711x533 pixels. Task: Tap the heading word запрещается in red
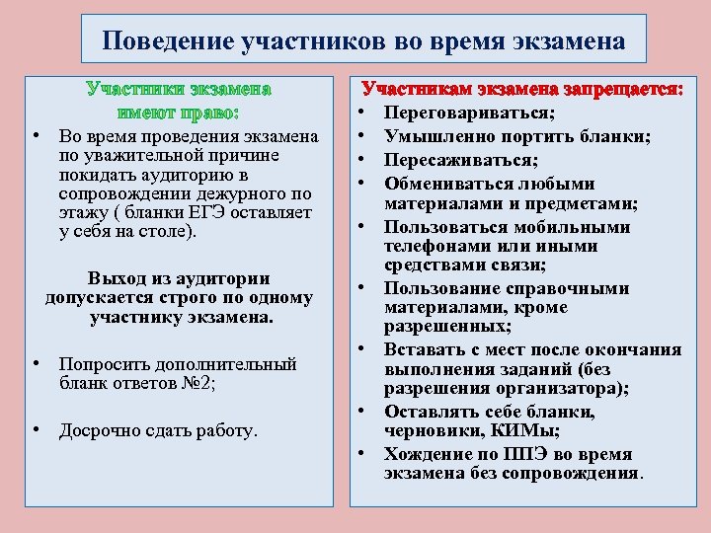point(622,89)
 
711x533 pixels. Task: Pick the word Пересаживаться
point(461,159)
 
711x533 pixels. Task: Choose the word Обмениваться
point(442,183)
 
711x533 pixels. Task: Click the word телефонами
point(434,246)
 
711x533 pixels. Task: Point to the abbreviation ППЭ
point(527,454)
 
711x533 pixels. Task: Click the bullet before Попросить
point(35,363)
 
